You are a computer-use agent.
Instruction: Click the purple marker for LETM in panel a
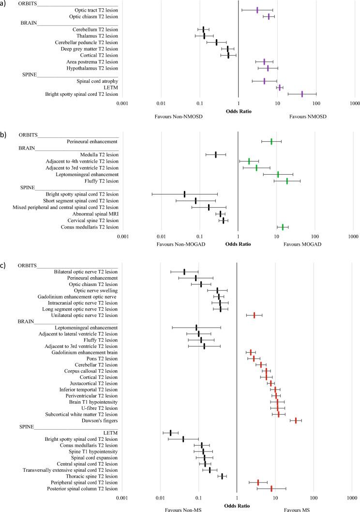point(280,88)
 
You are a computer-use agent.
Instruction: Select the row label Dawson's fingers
point(97,421)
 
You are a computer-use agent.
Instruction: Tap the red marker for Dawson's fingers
point(296,421)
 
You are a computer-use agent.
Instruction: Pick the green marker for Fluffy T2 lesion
point(287,181)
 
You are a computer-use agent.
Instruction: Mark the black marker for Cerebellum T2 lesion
point(203,30)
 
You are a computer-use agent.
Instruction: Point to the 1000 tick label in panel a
point(354,103)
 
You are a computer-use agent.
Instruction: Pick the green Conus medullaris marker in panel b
point(283,227)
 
